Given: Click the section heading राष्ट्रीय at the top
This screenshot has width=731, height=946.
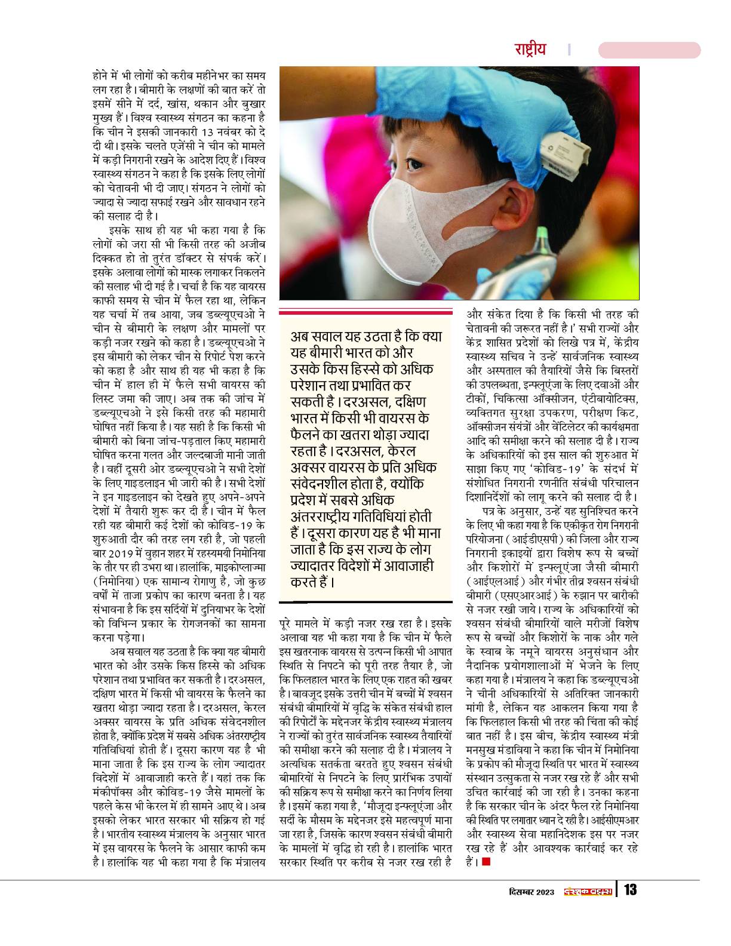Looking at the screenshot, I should pos(530,50).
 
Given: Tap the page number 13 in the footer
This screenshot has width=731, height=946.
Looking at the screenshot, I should pos(630,890).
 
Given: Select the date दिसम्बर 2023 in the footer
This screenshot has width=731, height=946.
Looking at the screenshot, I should pos(526,891).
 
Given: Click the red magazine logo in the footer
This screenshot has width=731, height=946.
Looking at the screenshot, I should pos(588,891).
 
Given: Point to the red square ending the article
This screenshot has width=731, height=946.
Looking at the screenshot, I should pos(486,861).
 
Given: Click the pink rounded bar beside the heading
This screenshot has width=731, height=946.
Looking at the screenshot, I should pos(649,50).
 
